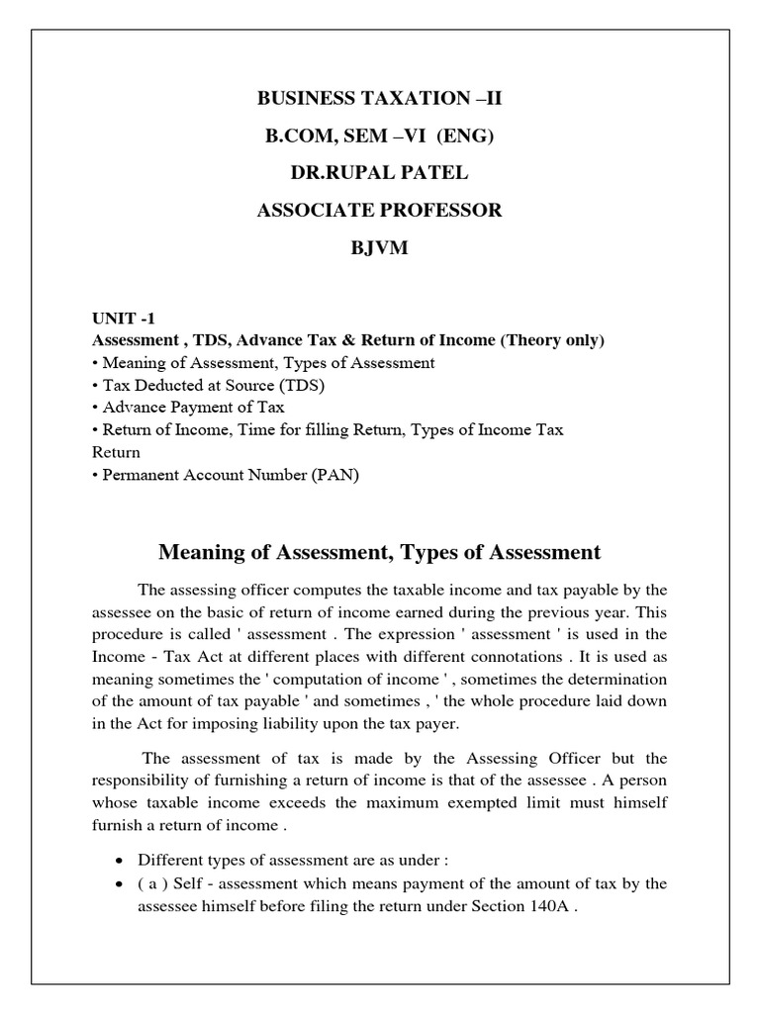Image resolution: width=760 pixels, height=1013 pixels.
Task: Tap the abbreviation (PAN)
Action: coord(335,475)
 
